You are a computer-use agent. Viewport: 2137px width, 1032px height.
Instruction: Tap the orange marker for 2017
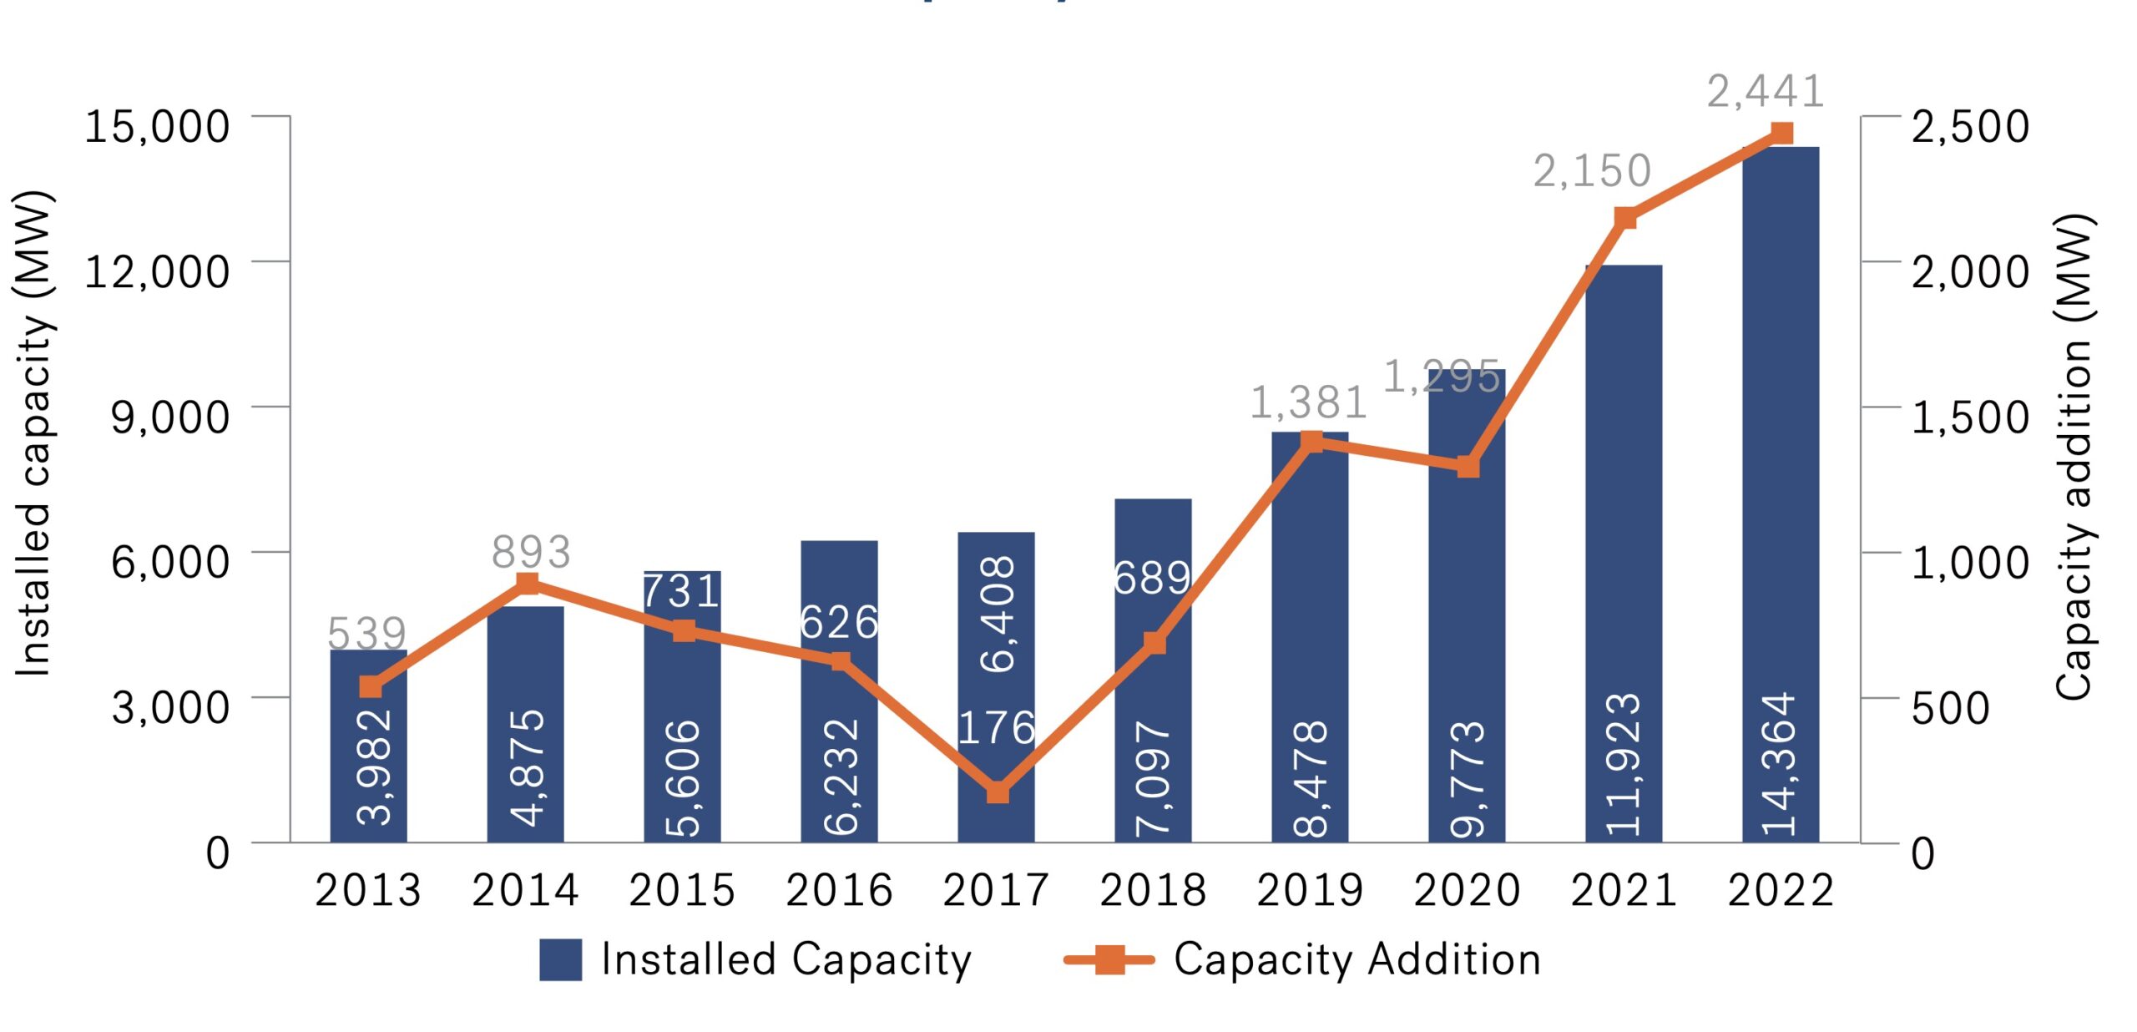pyautogui.click(x=998, y=792)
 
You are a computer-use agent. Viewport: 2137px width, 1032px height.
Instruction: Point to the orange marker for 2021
pyautogui.click(x=1624, y=219)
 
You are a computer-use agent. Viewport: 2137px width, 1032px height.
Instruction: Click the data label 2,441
pyautogui.click(x=1765, y=91)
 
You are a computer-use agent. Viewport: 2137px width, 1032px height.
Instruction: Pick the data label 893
pyautogui.click(x=531, y=552)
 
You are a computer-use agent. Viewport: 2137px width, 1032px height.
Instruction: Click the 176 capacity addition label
pyautogui.click(x=996, y=728)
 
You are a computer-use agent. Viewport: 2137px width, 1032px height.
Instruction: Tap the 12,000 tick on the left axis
pyautogui.click(x=157, y=271)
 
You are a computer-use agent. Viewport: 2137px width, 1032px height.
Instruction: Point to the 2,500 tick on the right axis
pyautogui.click(x=1969, y=126)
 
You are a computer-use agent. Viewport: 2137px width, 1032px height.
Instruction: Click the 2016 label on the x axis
pyautogui.click(x=839, y=890)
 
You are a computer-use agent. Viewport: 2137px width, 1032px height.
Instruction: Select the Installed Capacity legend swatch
pyautogui.click(x=560, y=959)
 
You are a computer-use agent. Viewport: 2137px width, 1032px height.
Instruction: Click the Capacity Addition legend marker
pyautogui.click(x=1109, y=959)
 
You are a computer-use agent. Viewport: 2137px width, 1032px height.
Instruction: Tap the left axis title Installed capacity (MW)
pyautogui.click(x=33, y=434)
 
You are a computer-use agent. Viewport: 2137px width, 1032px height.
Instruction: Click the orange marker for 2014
pyautogui.click(x=528, y=583)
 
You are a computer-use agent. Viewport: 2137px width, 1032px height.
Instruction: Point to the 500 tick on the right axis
pyautogui.click(x=1950, y=708)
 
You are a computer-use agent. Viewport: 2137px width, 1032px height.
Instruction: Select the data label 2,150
pyautogui.click(x=1592, y=171)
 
